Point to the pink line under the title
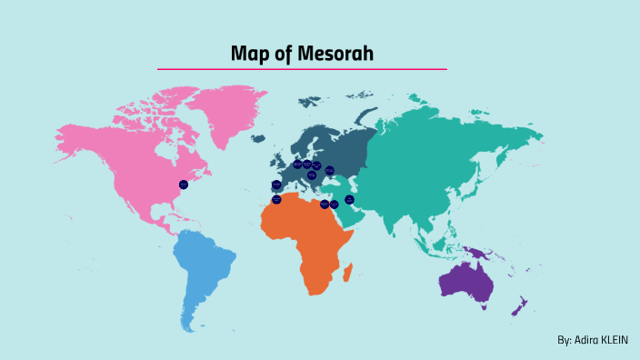[302, 69]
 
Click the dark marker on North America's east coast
[184, 185]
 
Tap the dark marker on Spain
[276, 185]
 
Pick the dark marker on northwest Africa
[276, 199]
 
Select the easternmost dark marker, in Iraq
[349, 199]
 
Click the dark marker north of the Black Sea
[330, 170]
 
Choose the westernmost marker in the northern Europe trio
[297, 165]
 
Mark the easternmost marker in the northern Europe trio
[316, 165]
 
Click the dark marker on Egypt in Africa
[325, 204]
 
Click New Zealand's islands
[519, 306]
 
